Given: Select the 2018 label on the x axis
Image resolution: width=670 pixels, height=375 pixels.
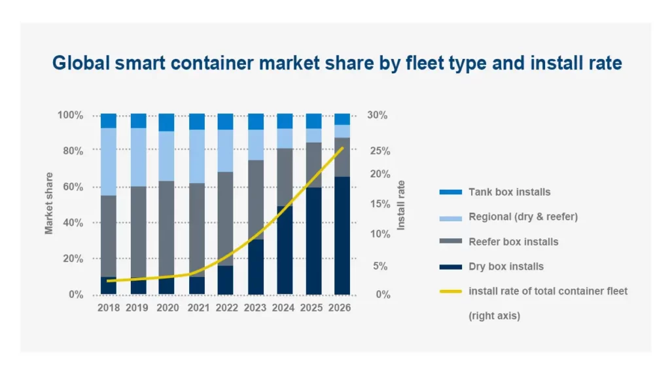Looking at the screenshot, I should point(109,308).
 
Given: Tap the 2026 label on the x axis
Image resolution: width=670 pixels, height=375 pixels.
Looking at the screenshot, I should point(342,308).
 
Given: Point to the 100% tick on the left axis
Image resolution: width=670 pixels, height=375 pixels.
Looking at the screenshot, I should point(71,115).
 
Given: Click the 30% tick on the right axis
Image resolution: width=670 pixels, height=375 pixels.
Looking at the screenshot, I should point(378,115).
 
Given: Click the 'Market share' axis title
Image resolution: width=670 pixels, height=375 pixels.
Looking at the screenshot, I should point(49,203).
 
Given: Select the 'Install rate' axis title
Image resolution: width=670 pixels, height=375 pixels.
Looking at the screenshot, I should point(402,205).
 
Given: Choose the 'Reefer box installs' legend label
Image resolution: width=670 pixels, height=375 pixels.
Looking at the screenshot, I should point(514,241).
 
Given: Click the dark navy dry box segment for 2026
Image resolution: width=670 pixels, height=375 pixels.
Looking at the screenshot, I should point(342,236).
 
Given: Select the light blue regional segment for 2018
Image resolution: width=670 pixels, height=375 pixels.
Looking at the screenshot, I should point(109,161).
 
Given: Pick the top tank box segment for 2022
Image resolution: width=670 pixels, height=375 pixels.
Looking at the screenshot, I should point(225,122).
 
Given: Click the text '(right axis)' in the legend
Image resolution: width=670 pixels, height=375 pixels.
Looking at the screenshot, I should point(495,315).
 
